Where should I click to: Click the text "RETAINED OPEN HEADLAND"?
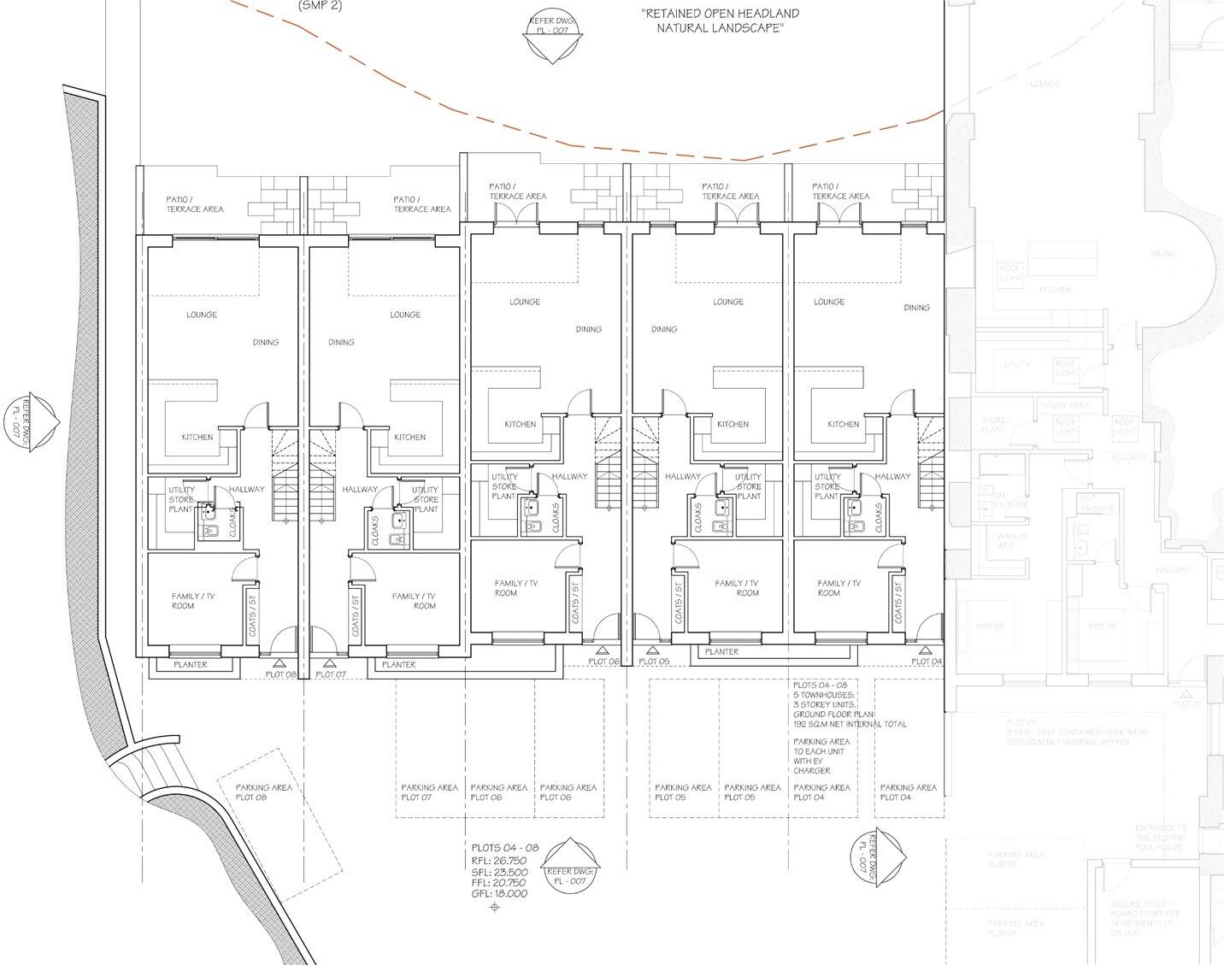coord(720,15)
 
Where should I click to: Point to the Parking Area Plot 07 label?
coord(429,792)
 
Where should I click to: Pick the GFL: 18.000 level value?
coord(499,893)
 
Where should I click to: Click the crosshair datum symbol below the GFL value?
coord(493,908)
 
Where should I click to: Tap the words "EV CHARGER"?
coord(812,766)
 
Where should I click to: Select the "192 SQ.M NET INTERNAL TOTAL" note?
coord(850,724)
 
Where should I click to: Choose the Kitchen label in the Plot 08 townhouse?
coord(197,437)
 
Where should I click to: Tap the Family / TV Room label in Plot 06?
coord(516,588)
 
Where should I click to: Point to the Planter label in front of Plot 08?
coord(191,664)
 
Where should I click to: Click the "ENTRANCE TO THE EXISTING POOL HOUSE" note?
coord(1160,837)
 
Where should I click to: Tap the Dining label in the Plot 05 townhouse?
coord(663,329)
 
